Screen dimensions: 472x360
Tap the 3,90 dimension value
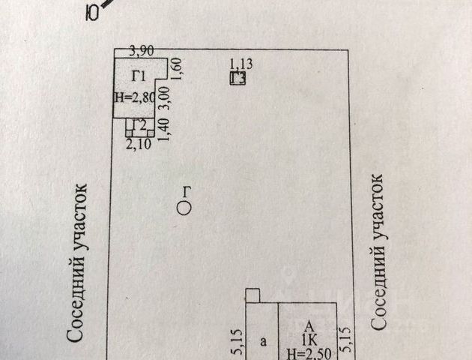click(x=142, y=52)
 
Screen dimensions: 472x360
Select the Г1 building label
click(x=139, y=75)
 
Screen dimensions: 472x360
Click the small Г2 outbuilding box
click(x=136, y=127)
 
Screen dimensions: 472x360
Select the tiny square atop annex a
click(x=253, y=295)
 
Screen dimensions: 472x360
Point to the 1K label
click(x=308, y=340)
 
